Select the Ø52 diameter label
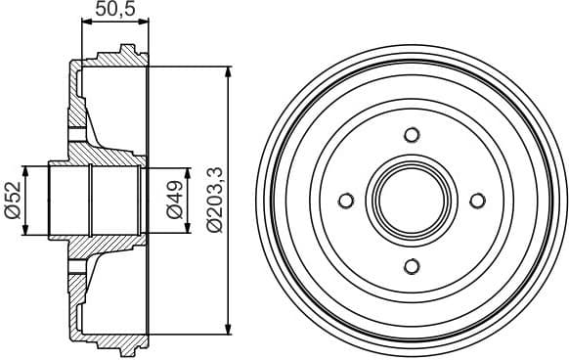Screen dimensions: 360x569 [14, 200]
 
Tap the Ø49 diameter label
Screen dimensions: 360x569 [174, 200]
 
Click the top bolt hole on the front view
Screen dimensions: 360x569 [411, 135]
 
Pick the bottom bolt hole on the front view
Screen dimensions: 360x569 [411, 266]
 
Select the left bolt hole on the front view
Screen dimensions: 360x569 [345, 201]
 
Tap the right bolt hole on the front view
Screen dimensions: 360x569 [477, 201]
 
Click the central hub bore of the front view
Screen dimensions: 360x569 [411, 201]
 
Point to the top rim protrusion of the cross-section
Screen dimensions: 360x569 [126, 50]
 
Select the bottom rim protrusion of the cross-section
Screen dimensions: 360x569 [126, 350]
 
